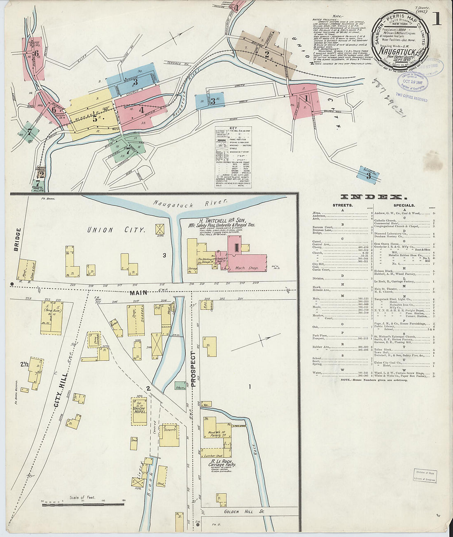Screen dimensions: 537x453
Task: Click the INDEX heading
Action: (374, 197)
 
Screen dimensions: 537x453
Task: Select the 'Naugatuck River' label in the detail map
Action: (190, 202)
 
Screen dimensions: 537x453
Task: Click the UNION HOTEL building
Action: (140, 411)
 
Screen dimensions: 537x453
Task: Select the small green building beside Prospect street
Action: (180, 387)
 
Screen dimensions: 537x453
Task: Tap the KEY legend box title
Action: (233, 129)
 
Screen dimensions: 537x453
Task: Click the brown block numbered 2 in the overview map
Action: (267, 54)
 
